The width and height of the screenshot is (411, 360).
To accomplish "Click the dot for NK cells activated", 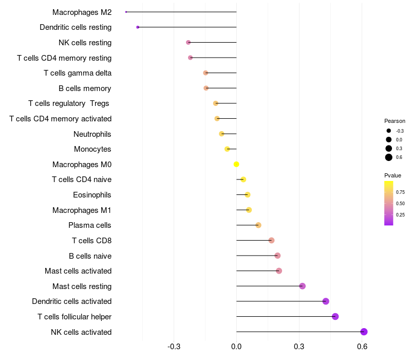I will pos(364,332).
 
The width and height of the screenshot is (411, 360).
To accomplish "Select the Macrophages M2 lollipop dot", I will pos(126,12).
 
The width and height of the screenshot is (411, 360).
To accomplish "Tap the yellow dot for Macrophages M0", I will pos(236,164).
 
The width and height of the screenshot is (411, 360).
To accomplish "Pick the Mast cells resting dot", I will pos(302,286).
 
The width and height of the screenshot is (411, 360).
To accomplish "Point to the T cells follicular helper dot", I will pos(335,316).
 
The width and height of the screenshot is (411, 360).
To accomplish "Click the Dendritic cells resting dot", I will pos(138,27).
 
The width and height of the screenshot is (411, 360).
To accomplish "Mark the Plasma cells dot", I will pos(258,225).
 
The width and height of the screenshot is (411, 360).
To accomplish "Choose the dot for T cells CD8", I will pos(271,240).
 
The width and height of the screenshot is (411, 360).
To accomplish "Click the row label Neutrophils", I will pos(92,134).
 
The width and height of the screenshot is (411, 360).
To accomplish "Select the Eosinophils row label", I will pos(92,195).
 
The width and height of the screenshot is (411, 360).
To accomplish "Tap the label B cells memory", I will pos(85,88).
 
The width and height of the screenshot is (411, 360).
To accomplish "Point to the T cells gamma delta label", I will pos(78,73).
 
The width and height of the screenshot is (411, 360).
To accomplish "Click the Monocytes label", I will pos(92,149).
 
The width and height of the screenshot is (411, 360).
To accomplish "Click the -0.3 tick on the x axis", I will pos(174,346).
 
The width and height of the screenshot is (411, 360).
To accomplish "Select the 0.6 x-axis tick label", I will pos(362,346).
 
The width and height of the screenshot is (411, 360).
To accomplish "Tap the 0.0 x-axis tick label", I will pos(236,346).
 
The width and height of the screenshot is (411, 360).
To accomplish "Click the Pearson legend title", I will pos(395,121).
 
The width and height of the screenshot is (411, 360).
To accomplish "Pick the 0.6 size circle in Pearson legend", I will pos(389,157).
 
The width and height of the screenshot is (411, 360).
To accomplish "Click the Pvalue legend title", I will pos(393,175).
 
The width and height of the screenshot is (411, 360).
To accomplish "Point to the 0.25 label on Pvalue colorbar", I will pos(400,215).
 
